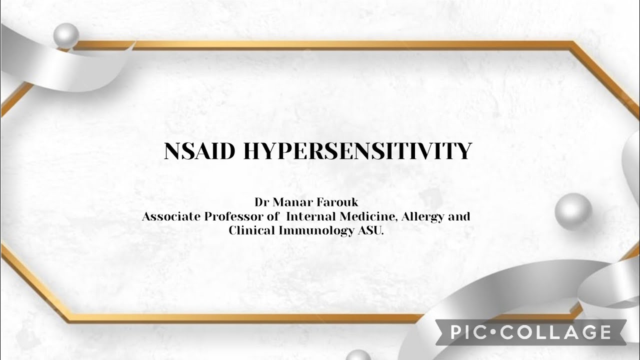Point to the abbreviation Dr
[262, 202]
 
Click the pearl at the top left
[66, 36]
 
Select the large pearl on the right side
[574, 211]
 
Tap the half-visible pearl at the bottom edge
[358, 355]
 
